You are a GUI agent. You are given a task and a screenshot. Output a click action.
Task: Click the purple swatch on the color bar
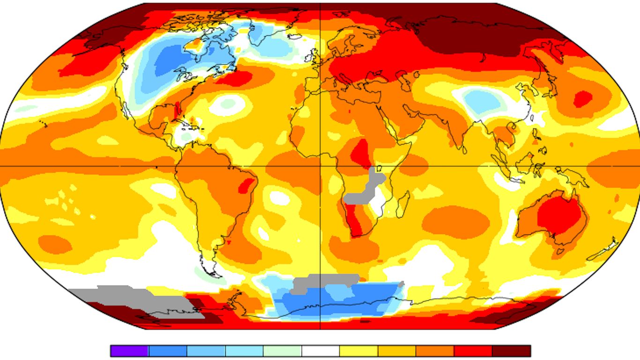tap(129, 351)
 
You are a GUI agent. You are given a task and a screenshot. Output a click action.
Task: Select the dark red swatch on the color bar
tap(512, 351)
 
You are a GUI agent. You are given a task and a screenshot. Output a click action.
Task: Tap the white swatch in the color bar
tap(320, 351)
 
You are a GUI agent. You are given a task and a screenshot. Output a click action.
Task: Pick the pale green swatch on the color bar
tap(282, 351)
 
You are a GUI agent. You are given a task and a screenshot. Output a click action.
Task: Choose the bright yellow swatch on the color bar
tap(359, 351)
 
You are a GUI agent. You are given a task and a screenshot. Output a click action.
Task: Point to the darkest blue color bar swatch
tap(168, 351)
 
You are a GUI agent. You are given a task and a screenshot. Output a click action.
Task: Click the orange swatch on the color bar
tap(435, 351)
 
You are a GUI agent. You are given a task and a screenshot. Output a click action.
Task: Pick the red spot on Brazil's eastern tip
tap(244, 187)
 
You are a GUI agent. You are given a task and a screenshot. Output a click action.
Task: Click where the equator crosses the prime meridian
tap(320, 166)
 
